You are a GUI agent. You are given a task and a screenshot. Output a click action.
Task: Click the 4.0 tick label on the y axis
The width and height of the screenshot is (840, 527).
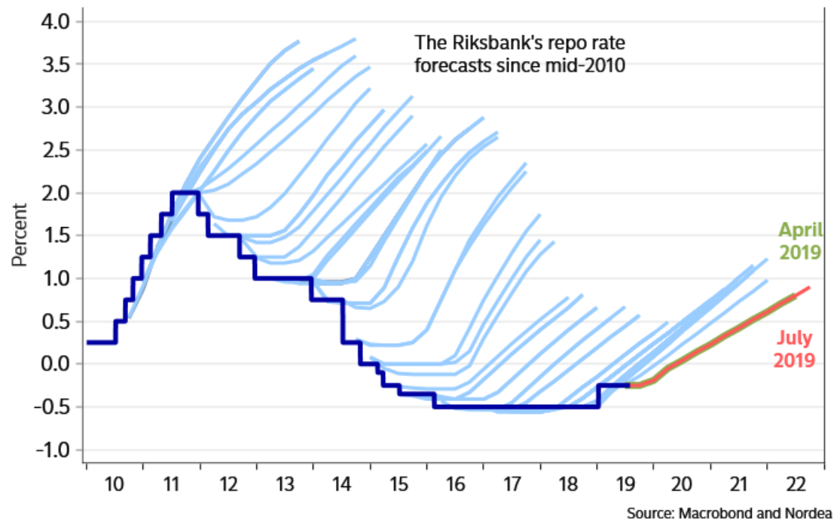coord(53,22)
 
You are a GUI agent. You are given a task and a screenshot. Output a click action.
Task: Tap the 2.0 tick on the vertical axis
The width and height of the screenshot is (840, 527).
coord(53,193)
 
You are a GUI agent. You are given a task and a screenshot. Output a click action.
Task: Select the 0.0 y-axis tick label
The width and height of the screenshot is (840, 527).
coord(53,364)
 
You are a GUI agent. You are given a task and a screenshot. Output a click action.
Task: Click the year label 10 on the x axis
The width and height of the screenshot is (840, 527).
coord(115,483)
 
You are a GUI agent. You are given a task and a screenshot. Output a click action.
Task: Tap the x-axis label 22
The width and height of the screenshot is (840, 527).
coord(795,483)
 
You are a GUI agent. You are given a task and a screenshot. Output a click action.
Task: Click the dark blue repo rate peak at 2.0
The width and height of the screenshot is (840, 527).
coord(185,192)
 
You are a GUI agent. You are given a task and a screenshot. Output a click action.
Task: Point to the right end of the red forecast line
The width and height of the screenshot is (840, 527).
coord(809,288)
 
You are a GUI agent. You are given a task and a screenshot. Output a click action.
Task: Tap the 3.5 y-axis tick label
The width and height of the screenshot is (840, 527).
coord(53,65)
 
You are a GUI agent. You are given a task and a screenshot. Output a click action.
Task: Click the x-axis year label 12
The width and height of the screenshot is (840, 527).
coord(228,483)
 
